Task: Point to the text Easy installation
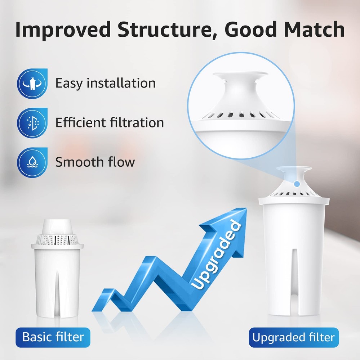(105, 83)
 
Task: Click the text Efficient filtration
(110, 123)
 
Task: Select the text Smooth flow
(95, 162)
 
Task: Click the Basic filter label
(53, 337)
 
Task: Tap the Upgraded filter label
(293, 338)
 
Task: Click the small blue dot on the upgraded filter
(296, 184)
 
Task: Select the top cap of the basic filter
(57, 226)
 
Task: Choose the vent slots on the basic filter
(57, 239)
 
